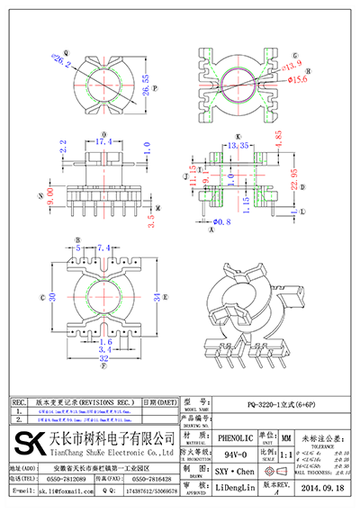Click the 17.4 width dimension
(x=105, y=142)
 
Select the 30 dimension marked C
(x=54, y=297)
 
